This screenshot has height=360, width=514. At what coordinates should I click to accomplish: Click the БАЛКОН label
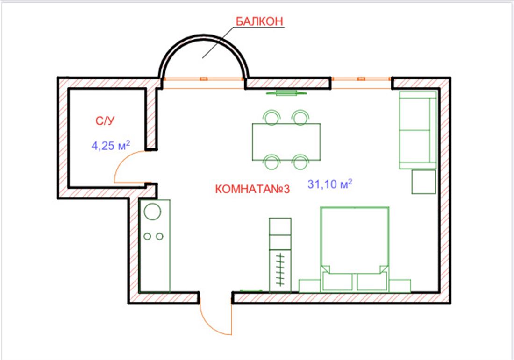pos(259,21)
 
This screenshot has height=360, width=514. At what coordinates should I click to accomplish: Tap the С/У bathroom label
pos(105,121)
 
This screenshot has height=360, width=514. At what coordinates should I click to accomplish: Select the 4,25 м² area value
pos(111,145)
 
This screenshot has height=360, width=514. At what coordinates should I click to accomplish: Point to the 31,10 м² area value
pos(330,184)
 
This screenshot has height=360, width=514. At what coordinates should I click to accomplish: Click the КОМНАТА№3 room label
pos(252,189)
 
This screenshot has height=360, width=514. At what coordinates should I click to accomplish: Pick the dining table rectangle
pos(286,142)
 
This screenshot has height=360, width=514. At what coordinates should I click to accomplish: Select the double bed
pos(355,249)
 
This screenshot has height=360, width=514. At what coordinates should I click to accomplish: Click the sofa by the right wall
pos(418,130)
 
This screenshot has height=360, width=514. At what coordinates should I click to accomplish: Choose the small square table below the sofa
pos(423,182)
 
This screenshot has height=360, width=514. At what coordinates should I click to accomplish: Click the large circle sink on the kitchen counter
pos(152,212)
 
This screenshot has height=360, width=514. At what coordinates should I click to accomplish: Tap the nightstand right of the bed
pos(400,286)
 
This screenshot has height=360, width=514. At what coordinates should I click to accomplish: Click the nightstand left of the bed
pos(310,286)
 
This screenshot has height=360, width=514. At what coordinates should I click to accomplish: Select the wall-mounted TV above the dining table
pos(286,93)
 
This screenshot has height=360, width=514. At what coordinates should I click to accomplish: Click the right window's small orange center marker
pos(361,78)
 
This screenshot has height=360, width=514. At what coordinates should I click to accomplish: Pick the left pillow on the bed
pos(337,282)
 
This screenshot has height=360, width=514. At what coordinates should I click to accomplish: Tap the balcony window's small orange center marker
pos(204,78)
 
